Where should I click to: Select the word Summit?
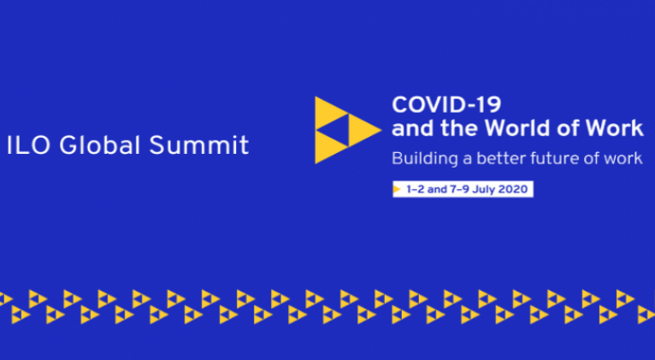199,145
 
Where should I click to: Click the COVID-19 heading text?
446,104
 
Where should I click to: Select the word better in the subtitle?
500,159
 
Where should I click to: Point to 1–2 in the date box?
416,189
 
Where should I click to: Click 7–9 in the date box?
459,189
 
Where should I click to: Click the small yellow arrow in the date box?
397,190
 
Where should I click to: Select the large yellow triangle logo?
347,130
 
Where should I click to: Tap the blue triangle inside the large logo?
338,130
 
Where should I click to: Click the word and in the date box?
437,189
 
